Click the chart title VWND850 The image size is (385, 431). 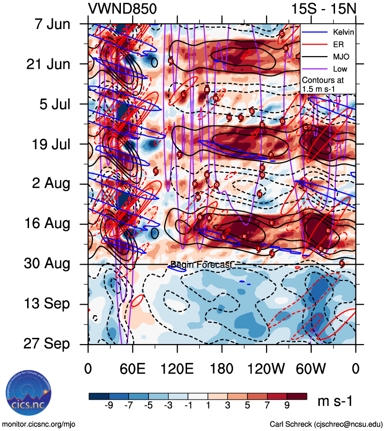click(x=122, y=9)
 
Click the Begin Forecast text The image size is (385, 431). click(x=200, y=265)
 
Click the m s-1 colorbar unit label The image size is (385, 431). click(x=335, y=402)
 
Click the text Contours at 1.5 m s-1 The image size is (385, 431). click(x=323, y=85)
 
